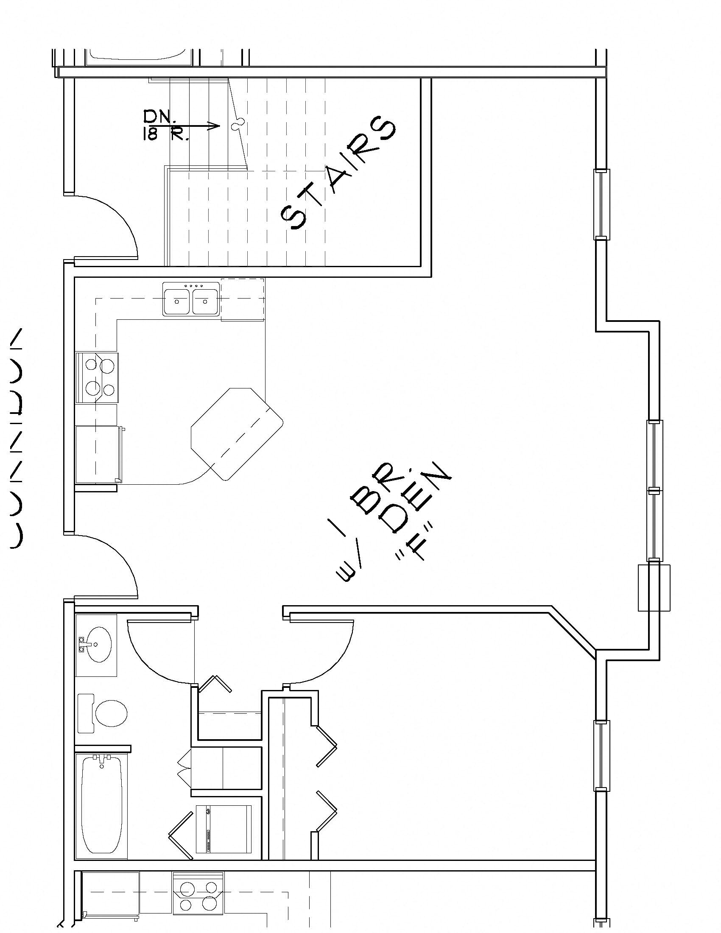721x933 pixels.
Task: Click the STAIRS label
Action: (338, 173)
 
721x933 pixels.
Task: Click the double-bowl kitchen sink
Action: (191, 299)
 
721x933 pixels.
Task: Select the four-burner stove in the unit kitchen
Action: (98, 377)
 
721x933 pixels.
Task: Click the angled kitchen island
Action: (237, 433)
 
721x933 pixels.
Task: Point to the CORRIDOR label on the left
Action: (16, 438)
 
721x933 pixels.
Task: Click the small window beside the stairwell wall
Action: (602, 204)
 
